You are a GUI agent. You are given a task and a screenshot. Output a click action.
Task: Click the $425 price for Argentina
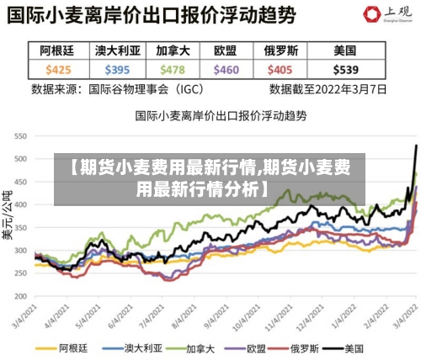[x=58, y=69]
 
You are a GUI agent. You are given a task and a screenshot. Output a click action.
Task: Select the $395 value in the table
[x=118, y=69]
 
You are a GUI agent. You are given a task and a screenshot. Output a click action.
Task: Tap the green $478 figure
[x=172, y=69]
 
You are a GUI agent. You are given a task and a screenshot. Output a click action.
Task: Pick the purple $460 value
[x=226, y=69]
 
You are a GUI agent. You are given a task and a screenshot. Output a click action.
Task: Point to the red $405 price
[x=280, y=69]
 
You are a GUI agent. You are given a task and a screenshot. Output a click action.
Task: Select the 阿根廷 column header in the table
[x=58, y=50]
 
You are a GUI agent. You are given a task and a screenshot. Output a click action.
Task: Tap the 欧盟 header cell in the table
[x=226, y=50]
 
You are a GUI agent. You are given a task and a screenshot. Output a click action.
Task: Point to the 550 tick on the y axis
[x=21, y=135]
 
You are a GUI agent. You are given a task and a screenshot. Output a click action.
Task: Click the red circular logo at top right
[x=370, y=15]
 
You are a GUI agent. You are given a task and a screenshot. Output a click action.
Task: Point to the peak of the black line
[x=416, y=146]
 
